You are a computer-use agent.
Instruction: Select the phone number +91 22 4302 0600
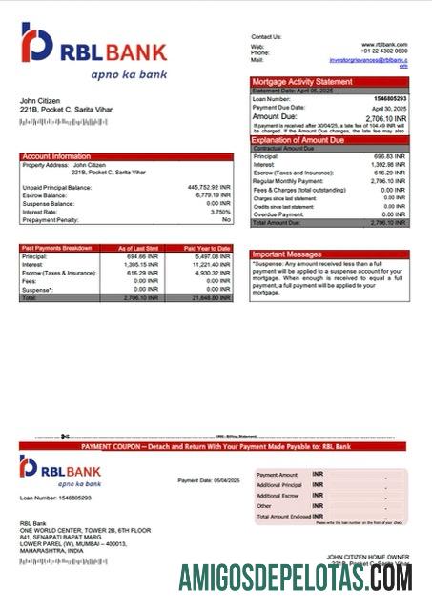click(x=385, y=51)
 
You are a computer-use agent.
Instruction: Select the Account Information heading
click(x=56, y=156)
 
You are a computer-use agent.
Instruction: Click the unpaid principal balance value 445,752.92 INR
click(x=209, y=187)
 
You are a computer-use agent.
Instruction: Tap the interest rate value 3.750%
click(x=219, y=211)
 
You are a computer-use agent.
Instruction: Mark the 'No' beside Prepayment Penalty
click(x=226, y=219)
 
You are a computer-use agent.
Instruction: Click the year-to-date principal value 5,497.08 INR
click(x=211, y=256)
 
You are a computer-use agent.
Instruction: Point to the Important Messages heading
click(x=288, y=255)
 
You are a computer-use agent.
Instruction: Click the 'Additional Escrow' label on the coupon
click(x=278, y=496)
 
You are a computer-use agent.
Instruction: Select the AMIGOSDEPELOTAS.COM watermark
click(x=297, y=579)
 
